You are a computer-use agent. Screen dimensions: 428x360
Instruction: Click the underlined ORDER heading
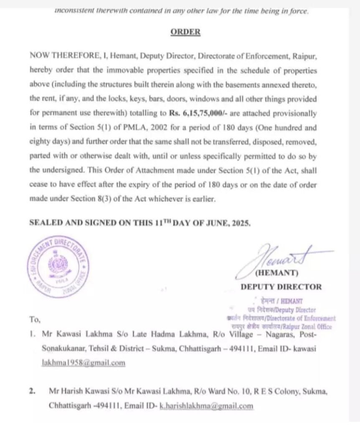pos(185,32)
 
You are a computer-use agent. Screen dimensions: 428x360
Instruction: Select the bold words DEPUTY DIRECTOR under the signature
pos(281,287)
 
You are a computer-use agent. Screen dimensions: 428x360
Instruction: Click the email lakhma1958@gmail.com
pos(84,363)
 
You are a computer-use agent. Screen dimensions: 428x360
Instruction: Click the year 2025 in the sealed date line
pos(240,223)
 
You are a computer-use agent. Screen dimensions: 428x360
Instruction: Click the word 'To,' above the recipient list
pos(35,320)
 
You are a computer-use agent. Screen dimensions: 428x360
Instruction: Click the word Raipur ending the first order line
pos(307,56)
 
